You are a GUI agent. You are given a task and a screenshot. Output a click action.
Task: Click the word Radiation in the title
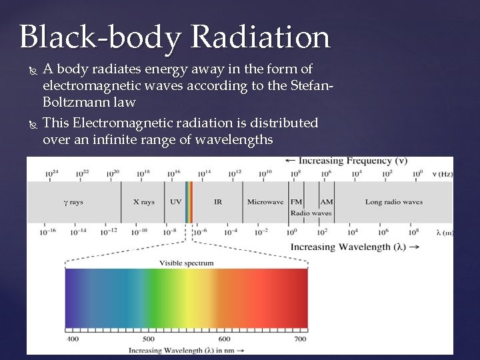pyautogui.click(x=260, y=38)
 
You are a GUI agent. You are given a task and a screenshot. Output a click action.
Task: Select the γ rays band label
pyautogui.click(x=73, y=202)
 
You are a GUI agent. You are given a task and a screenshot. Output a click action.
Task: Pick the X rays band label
pyautogui.click(x=144, y=202)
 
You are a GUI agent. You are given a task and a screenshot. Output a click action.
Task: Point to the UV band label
pyautogui.click(x=176, y=202)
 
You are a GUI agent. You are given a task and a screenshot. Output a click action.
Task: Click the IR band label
pyautogui.click(x=218, y=202)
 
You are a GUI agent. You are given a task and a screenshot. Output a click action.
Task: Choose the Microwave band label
pyautogui.click(x=265, y=202)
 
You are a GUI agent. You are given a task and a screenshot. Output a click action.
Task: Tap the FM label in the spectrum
pyautogui.click(x=296, y=202)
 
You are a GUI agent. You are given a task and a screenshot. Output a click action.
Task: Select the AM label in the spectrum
pyautogui.click(x=327, y=202)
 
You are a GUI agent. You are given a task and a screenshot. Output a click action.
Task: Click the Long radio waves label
pyautogui.click(x=394, y=202)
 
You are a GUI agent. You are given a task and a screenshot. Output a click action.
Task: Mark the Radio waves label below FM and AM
pyautogui.click(x=311, y=213)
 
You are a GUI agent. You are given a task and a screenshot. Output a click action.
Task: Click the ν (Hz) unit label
pyautogui.click(x=442, y=174)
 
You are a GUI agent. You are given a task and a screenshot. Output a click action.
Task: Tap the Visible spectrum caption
pyautogui.click(x=187, y=263)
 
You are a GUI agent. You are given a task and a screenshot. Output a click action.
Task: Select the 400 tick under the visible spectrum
pyautogui.click(x=73, y=339)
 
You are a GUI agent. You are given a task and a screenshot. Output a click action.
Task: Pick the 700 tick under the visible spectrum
pyautogui.click(x=300, y=339)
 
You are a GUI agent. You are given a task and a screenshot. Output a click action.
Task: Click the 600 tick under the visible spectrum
pyautogui.click(x=224, y=339)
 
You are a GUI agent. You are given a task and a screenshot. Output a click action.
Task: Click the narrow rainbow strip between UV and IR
pyautogui.click(x=189, y=202)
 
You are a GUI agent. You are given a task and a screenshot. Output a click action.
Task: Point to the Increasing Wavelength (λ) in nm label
pyautogui.click(x=186, y=349)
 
